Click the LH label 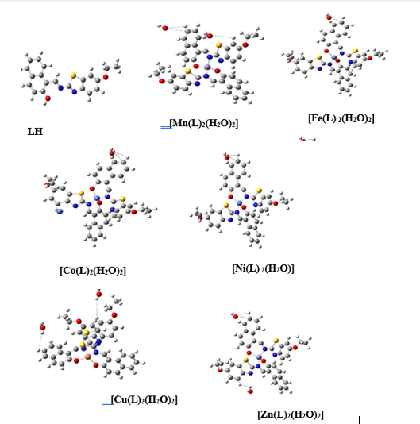(x=35, y=132)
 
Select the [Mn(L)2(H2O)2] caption (x=203, y=123)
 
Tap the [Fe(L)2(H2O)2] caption (x=341, y=118)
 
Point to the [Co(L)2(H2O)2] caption (x=93, y=271)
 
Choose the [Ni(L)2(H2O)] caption (x=263, y=268)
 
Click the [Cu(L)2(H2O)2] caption (x=144, y=399)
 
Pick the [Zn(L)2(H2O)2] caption (x=291, y=414)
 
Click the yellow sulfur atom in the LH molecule (x=73, y=75)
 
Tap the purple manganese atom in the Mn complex (x=207, y=67)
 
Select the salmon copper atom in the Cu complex (x=87, y=357)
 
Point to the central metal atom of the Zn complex (x=259, y=357)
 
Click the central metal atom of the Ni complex (x=239, y=202)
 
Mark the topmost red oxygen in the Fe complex (x=329, y=17)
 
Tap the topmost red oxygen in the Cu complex (x=99, y=295)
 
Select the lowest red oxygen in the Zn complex (x=250, y=391)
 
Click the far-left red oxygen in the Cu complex (x=43, y=328)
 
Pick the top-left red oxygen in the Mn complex (x=165, y=28)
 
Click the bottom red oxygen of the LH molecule (x=48, y=98)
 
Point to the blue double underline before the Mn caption (x=166, y=127)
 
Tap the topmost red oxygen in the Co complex (x=112, y=153)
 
